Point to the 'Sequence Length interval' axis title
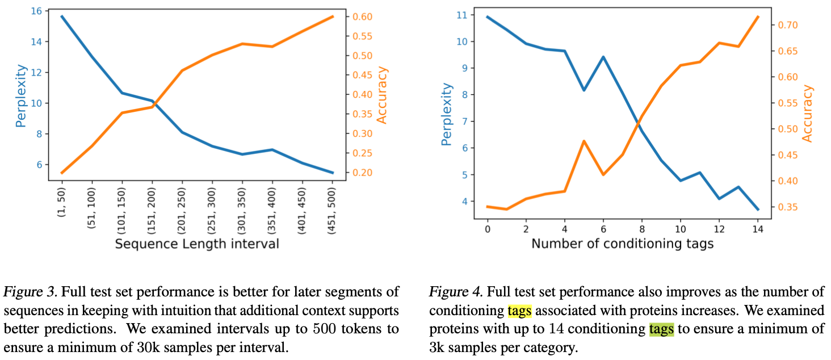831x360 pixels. [x=197, y=244]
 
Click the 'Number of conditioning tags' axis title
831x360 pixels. [x=622, y=244]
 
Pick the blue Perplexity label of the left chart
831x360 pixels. [x=21, y=95]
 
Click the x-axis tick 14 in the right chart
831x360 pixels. [x=757, y=228]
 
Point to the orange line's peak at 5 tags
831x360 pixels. [x=583, y=140]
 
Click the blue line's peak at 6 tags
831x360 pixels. [x=602, y=57]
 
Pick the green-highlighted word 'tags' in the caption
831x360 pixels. [x=661, y=329]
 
